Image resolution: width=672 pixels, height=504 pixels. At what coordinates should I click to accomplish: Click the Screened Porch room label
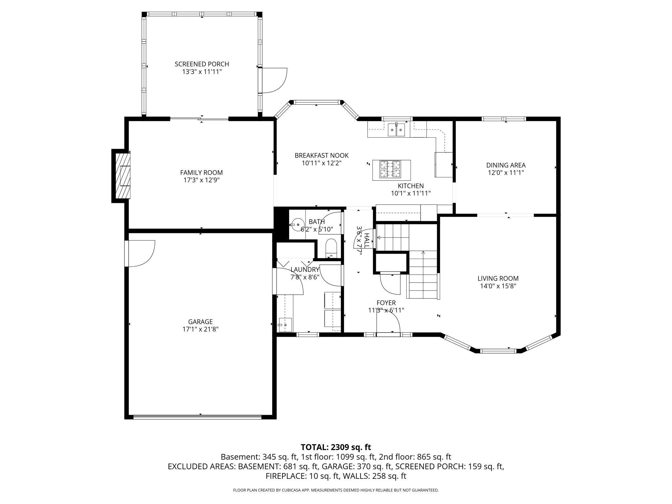(x=202, y=64)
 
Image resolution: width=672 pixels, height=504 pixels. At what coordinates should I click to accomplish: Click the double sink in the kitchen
(x=396, y=130)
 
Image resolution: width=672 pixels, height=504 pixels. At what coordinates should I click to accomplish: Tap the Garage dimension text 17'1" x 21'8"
(x=200, y=329)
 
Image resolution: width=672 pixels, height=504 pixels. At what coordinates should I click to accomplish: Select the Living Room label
(x=498, y=278)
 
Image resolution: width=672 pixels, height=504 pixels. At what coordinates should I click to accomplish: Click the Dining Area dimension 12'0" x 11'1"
(x=506, y=173)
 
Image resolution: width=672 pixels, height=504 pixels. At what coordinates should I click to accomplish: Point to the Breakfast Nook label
(x=321, y=155)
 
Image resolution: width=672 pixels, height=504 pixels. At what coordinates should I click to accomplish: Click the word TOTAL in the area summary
(x=314, y=447)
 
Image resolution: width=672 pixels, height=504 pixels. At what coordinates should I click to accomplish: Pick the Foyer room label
(x=386, y=303)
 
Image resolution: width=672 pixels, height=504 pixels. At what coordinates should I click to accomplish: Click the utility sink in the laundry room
(x=285, y=325)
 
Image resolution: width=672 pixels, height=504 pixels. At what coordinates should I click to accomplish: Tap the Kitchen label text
(x=410, y=186)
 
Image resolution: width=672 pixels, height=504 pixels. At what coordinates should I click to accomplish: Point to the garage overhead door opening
(x=197, y=417)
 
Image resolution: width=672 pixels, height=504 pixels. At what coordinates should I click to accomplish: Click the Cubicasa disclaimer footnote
(x=336, y=490)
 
